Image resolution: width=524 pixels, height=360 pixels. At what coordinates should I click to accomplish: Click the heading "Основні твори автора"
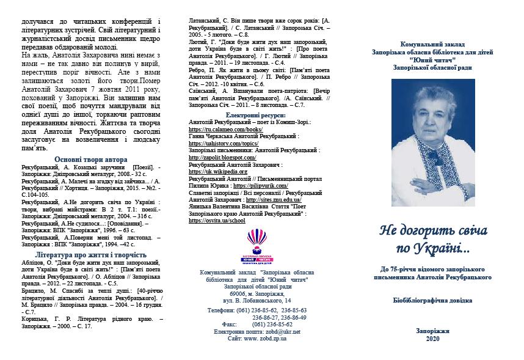click(91, 160)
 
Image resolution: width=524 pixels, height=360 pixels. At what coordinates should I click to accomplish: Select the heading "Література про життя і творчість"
click(91, 254)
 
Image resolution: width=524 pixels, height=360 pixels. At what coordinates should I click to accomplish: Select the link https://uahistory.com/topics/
click(220, 144)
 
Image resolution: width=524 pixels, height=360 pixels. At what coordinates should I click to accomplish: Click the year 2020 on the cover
click(433, 339)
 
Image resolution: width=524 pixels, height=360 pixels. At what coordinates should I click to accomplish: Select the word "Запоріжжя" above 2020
click(433, 331)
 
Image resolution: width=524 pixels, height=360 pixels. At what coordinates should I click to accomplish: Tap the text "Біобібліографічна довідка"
click(433, 301)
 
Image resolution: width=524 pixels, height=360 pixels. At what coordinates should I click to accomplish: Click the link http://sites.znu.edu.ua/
click(271, 200)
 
